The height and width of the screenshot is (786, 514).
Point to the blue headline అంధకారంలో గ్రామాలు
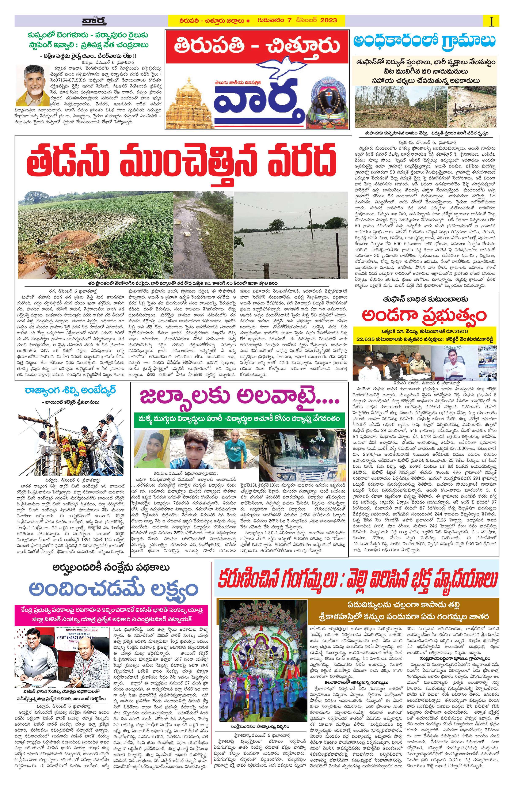[x=424, y=41]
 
